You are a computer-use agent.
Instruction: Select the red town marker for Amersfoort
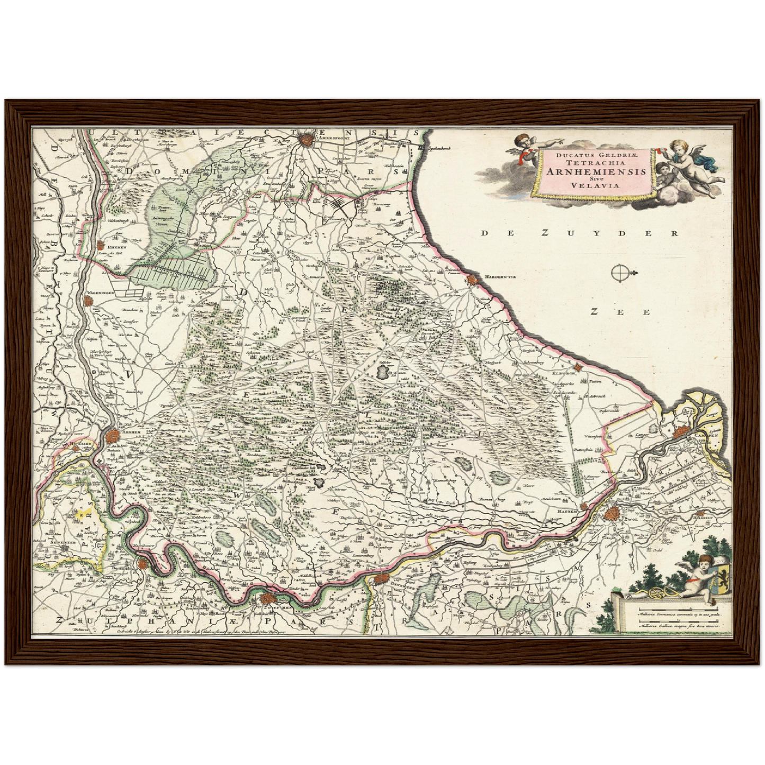(305, 140)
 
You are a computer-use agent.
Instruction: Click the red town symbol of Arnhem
(112, 437)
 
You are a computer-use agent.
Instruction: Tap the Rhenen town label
(116, 246)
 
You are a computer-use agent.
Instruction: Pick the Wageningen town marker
(88, 300)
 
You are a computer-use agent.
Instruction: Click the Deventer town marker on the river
(382, 579)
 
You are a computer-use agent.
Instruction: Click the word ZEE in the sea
(620, 312)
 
